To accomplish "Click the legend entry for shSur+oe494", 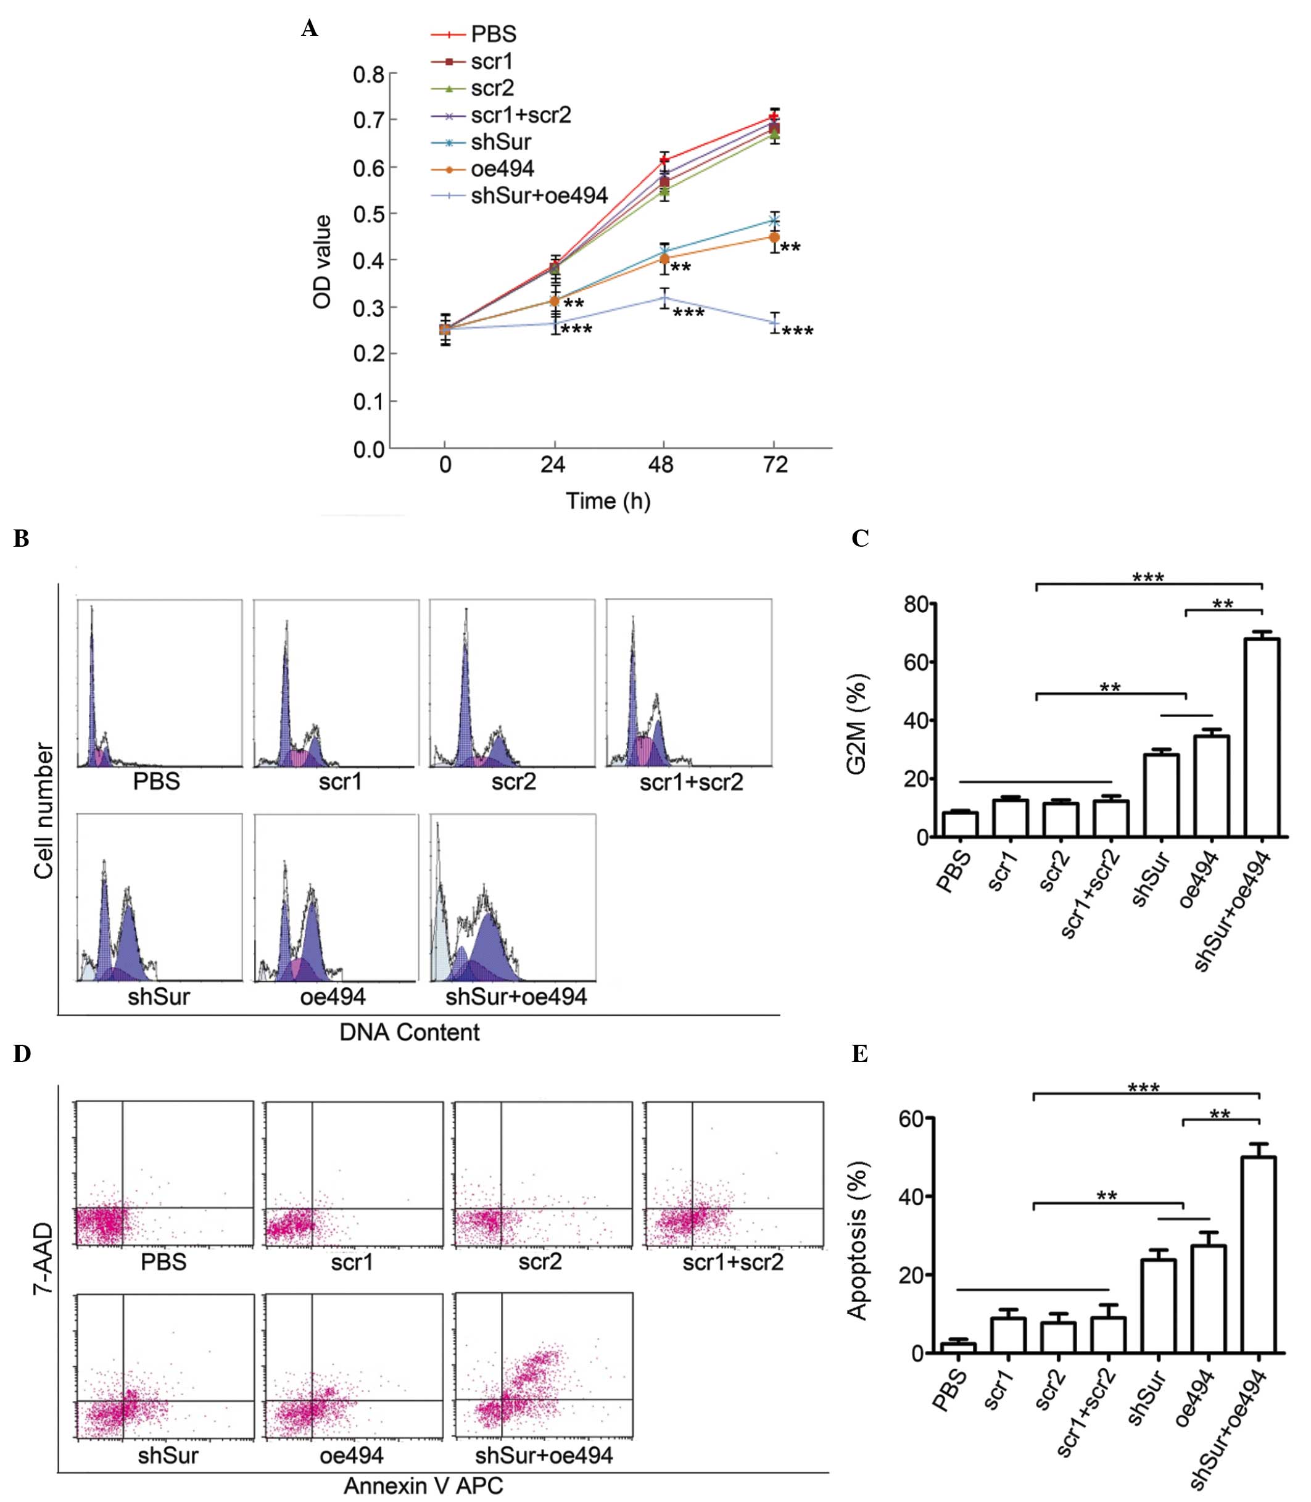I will point(539,196).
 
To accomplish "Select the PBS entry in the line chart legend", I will point(493,35).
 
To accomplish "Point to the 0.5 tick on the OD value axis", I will point(369,214).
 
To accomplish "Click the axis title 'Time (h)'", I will point(608,501).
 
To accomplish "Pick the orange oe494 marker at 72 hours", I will point(774,237).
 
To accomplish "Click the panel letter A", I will point(310,28).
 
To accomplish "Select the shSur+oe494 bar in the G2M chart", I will point(1262,737).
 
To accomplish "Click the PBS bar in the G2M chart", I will point(960,824).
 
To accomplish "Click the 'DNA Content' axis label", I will point(410,1032).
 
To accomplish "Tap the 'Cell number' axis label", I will point(44,811).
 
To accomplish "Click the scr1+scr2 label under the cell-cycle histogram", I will point(690,782).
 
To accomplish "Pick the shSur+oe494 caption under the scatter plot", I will point(544,1454).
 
